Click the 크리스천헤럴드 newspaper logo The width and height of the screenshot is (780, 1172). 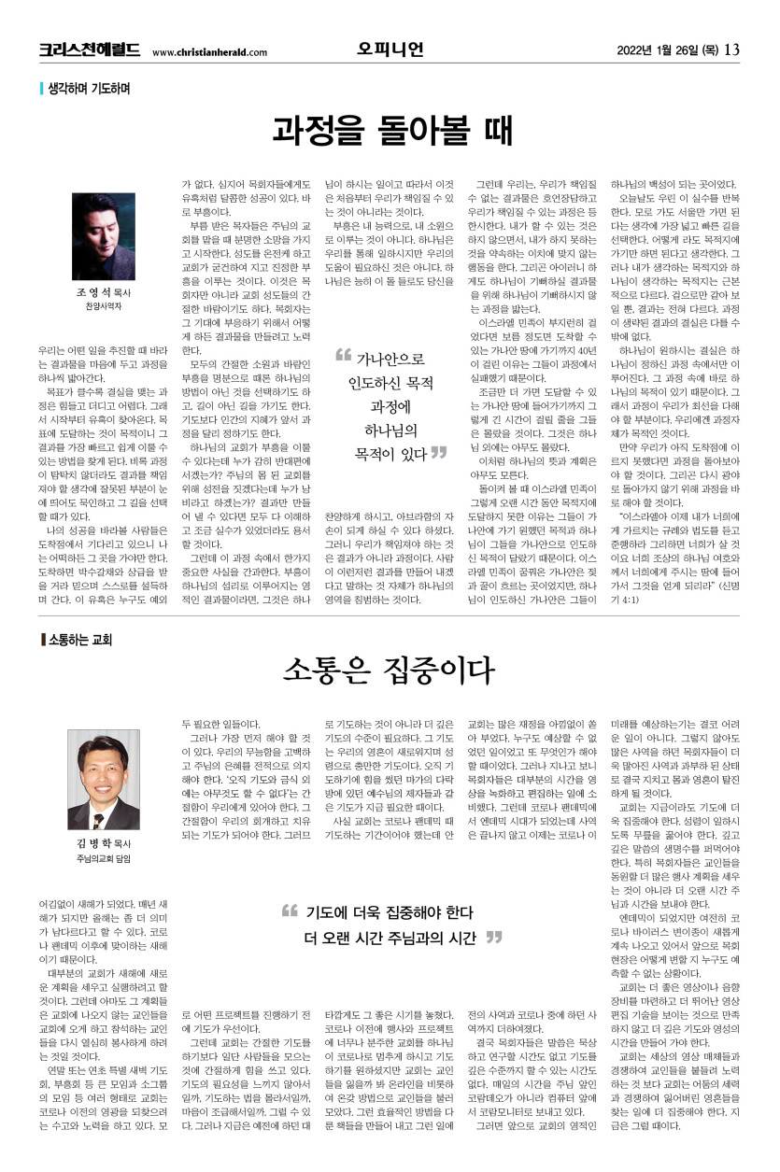pyautogui.click(x=90, y=49)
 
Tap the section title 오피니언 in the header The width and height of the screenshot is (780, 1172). pyautogui.click(x=390, y=49)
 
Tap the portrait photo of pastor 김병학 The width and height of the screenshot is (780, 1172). pyautogui.click(x=103, y=779)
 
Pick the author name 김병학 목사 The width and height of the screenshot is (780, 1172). pyautogui.click(x=103, y=843)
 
